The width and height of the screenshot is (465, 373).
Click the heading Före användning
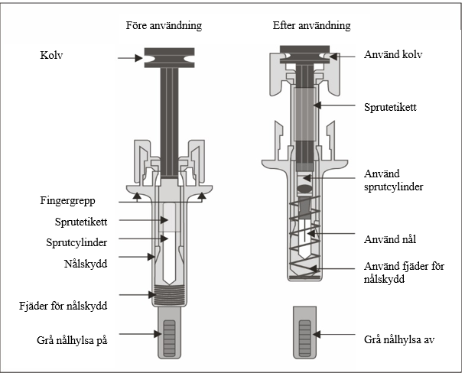click(x=164, y=25)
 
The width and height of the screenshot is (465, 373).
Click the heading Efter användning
click(x=311, y=25)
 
